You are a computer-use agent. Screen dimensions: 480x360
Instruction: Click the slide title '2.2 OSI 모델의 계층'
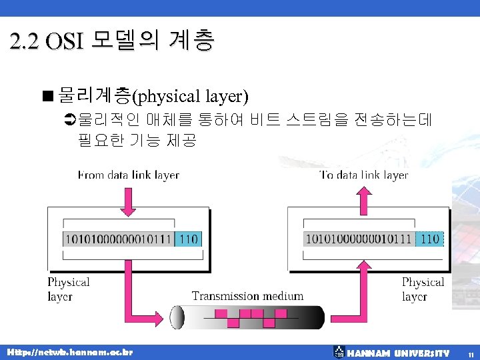click(x=112, y=41)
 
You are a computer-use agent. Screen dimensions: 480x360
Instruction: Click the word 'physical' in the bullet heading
click(x=164, y=97)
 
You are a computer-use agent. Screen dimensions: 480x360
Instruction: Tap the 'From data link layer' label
click(x=129, y=175)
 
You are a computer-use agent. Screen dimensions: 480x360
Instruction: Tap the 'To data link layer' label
click(x=364, y=175)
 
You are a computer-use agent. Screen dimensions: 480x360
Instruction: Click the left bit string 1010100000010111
click(x=118, y=238)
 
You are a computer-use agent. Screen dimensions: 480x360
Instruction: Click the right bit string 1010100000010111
click(x=359, y=238)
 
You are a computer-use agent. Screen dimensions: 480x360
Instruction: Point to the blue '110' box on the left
click(x=188, y=238)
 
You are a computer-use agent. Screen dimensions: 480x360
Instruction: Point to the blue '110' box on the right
click(x=430, y=238)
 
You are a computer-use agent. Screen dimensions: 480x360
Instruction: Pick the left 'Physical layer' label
click(x=68, y=289)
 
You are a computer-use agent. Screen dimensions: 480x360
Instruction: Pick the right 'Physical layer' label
click(x=423, y=289)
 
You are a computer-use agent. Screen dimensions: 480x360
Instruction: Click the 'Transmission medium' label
click(x=247, y=295)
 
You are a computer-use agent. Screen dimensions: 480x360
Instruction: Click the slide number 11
click(x=471, y=354)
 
